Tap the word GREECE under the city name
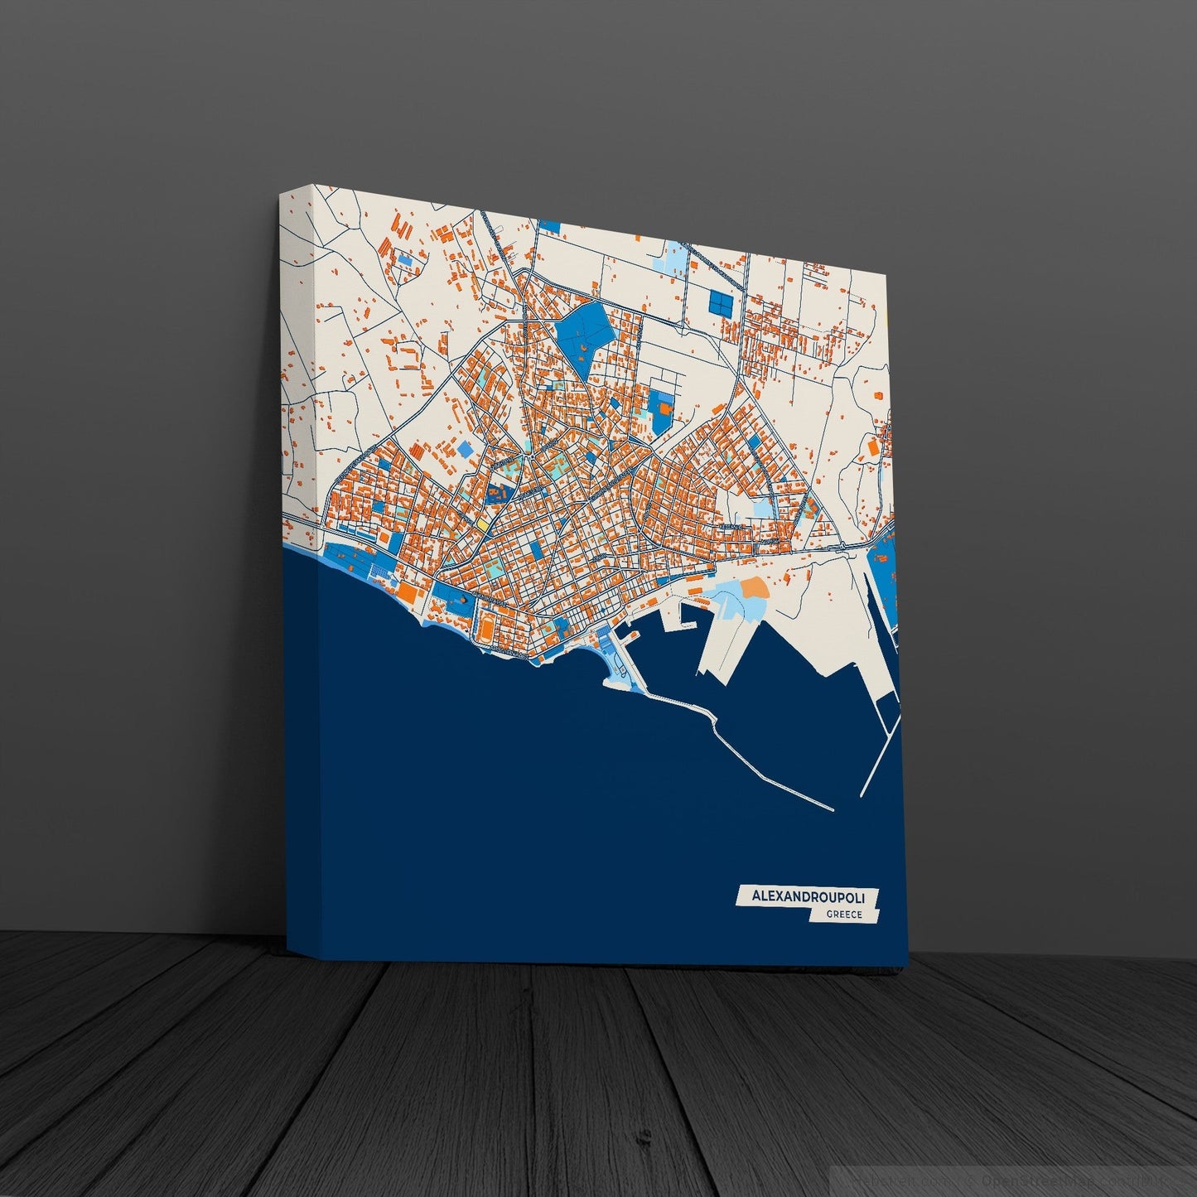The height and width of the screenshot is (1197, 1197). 844,915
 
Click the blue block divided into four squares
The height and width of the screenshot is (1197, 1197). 721,303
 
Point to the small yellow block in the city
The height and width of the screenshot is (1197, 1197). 481,524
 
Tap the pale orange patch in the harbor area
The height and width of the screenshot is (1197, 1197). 754,588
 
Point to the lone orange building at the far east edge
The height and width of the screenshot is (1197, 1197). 872,446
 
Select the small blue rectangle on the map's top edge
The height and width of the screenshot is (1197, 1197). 549,225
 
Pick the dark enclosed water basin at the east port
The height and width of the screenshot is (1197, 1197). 886,712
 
